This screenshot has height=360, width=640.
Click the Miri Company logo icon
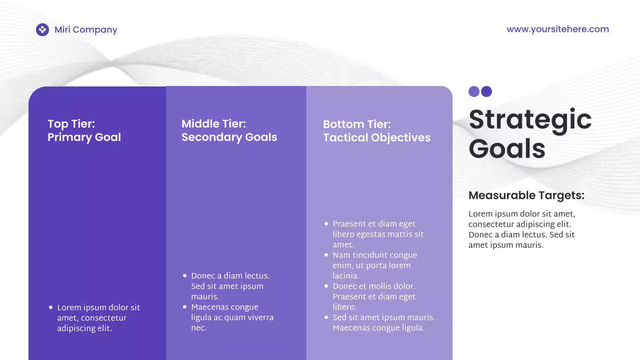tap(42, 30)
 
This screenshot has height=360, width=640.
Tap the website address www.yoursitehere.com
tap(557, 29)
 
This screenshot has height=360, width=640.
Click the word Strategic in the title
tap(530, 120)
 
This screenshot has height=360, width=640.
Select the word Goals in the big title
tap(506, 149)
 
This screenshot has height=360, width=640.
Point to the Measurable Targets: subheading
tap(526, 195)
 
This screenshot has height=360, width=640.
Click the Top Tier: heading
tap(71, 123)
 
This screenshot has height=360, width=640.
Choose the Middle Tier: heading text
tap(213, 123)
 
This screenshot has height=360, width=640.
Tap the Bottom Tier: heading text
tap(357, 124)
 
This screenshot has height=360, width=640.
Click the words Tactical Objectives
tap(376, 137)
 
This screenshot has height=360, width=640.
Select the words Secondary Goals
tap(229, 137)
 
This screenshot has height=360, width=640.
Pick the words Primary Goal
tap(84, 137)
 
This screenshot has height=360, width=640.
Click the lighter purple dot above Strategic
tap(474, 91)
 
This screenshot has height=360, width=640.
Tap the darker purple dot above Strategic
tap(486, 91)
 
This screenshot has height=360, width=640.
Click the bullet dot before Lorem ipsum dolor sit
tap(50, 307)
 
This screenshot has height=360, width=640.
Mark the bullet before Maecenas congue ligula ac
tap(184, 307)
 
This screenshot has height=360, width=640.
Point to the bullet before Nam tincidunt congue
tap(326, 255)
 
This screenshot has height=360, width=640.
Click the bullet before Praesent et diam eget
tap(326, 224)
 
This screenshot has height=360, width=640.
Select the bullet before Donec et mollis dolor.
tap(326, 286)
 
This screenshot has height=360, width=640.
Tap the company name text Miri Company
tap(86, 29)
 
